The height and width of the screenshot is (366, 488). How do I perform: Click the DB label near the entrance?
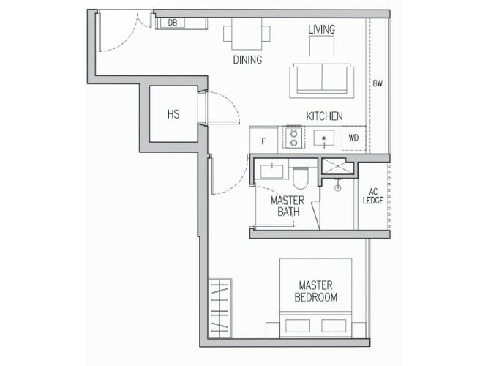point(173,23)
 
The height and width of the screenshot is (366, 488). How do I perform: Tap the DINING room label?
point(247,60)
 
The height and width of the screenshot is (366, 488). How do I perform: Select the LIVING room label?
point(322,29)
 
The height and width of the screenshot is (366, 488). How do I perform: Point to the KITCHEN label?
point(324,116)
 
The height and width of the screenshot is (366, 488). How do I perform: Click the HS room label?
point(173,114)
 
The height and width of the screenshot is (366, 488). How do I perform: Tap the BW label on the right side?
point(378,83)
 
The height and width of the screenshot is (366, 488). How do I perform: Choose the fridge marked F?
point(263,140)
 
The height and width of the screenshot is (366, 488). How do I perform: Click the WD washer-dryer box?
point(353,138)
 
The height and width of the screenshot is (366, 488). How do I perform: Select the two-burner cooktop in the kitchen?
point(294,138)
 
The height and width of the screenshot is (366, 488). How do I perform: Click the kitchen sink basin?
point(323,138)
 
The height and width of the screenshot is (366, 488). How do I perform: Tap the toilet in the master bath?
point(300,178)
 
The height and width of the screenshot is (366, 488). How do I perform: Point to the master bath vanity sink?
point(271,171)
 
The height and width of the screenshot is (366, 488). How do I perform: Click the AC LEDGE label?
point(373,196)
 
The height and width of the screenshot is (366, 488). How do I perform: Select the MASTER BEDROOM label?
point(315,291)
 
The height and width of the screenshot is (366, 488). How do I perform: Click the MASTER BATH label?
point(288,206)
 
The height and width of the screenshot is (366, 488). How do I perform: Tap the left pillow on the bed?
point(298,326)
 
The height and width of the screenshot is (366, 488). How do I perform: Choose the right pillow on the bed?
point(334,326)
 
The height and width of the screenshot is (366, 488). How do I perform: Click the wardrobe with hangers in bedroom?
point(220,308)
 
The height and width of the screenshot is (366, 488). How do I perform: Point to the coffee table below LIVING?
point(322,46)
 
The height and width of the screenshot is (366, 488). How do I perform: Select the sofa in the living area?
point(322,81)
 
